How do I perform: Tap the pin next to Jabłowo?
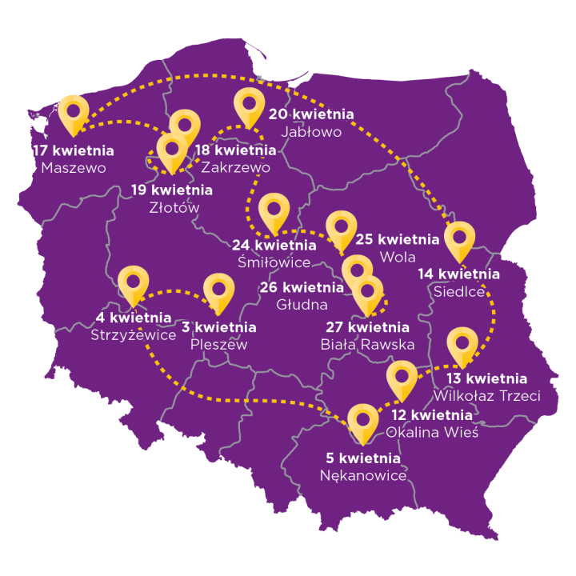tap(250, 106)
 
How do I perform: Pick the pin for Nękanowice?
tap(365, 422)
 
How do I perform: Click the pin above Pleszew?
tap(218, 291)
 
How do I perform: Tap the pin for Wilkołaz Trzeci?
tap(462, 345)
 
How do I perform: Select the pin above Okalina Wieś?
tap(402, 379)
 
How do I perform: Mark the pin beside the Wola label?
tap(342, 228)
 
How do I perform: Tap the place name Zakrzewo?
tap(236, 167)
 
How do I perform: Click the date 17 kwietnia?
tap(73, 150)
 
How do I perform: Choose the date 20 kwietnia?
tap(310, 114)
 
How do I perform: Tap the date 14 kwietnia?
tap(459, 274)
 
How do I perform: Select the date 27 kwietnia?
tap(368, 327)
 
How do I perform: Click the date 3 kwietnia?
tap(218, 327)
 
